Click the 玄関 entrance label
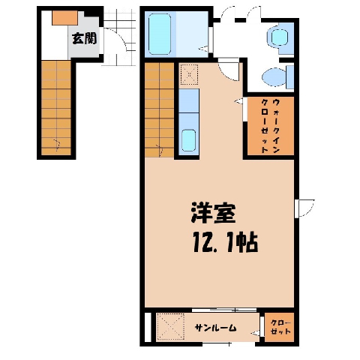click(x=84, y=38)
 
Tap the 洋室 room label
click(x=213, y=212)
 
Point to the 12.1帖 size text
click(x=225, y=242)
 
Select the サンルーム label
click(x=215, y=328)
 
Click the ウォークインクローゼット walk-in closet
click(x=271, y=126)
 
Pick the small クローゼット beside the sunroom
click(x=279, y=327)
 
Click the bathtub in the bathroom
click(x=160, y=34)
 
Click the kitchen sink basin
click(x=188, y=140)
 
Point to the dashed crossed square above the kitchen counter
click(x=189, y=74)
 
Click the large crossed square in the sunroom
click(x=170, y=327)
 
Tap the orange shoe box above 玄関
click(x=65, y=18)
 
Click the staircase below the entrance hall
click(x=56, y=108)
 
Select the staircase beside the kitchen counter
click(x=159, y=109)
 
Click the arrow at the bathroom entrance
click(x=203, y=49)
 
